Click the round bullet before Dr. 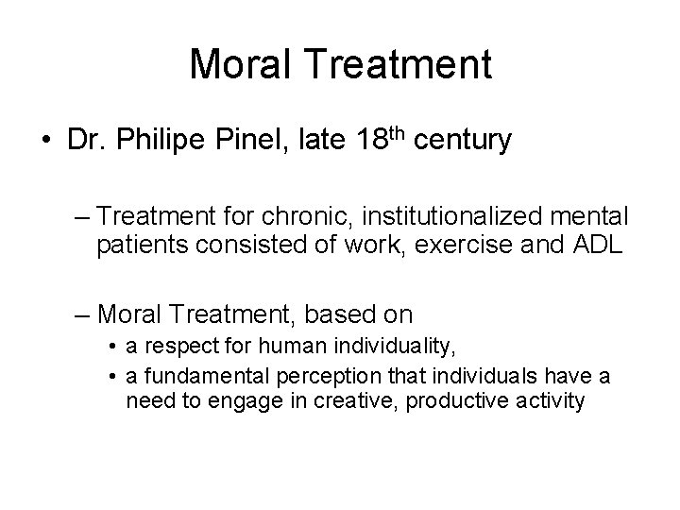tap(45, 141)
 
